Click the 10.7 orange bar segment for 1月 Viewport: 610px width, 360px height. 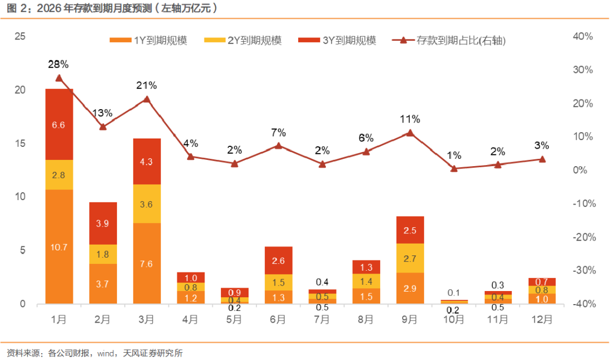(59, 246)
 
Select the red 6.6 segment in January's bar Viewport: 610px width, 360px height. (59, 124)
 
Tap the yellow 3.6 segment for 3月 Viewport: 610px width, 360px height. (147, 204)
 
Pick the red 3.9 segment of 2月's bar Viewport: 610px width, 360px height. (103, 223)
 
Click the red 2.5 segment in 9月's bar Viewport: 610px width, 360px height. (410, 230)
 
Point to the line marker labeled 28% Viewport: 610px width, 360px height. (59, 78)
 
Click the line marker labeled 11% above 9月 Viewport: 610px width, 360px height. (410, 133)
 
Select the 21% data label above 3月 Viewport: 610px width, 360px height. (146, 85)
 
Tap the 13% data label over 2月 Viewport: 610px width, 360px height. (103, 113)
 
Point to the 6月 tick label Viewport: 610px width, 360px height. (278, 320)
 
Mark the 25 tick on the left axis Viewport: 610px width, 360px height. (21, 37)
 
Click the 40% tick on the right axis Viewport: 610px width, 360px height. (582, 37)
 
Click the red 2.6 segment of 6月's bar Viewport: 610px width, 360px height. (278, 261)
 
